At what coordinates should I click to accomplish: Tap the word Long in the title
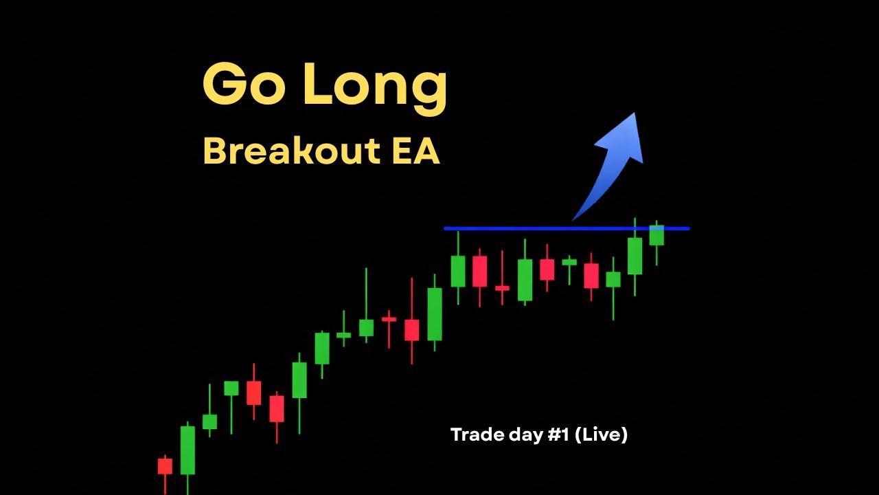pyautogui.click(x=375, y=85)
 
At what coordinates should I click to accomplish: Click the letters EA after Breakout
pyautogui.click(x=416, y=151)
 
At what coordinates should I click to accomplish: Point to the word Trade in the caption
pyautogui.click(x=474, y=434)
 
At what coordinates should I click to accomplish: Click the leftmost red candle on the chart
pyautogui.click(x=165, y=466)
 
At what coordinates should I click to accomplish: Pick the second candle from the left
pyautogui.click(x=187, y=450)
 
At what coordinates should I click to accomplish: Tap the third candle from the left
pyautogui.click(x=209, y=421)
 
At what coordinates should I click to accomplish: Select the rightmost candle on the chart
pyautogui.click(x=657, y=235)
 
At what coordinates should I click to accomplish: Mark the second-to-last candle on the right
pyautogui.click(x=635, y=256)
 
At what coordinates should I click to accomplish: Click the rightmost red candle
pyautogui.click(x=591, y=275)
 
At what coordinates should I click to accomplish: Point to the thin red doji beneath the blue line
pyautogui.click(x=502, y=288)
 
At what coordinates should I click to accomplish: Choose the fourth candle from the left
pyautogui.click(x=231, y=388)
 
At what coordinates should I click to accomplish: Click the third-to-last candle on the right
pyautogui.click(x=613, y=279)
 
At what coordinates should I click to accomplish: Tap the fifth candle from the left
pyautogui.click(x=254, y=393)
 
